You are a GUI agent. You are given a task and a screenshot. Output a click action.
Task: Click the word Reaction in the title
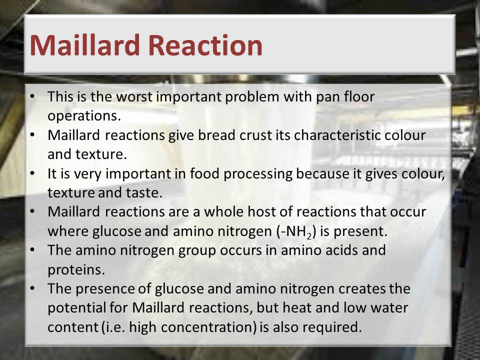coord(205,45)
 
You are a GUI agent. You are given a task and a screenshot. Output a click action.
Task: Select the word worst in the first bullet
coord(134,96)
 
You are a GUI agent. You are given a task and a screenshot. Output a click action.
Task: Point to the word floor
coord(359,96)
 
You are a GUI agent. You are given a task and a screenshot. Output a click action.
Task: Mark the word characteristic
coord(336,135)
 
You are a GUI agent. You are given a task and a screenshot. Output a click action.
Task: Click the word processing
coord(258,174)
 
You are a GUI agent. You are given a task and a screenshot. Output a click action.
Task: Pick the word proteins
coord(76,270)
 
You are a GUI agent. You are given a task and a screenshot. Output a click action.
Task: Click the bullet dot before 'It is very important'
coord(32,173)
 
